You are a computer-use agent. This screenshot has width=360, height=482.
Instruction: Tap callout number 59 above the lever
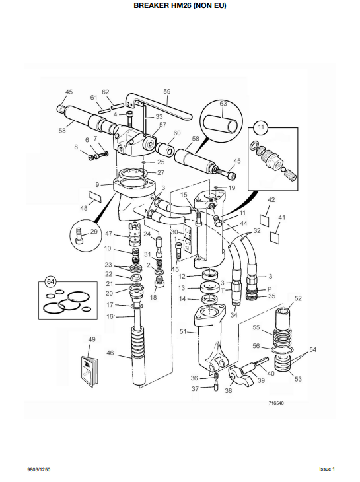(166, 92)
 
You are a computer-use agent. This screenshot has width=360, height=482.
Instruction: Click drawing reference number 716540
(277, 403)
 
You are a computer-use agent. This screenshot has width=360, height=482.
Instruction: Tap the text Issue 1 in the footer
(327, 469)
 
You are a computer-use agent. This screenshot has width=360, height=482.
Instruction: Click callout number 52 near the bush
(298, 298)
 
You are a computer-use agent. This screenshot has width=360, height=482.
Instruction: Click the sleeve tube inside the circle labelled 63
(223, 123)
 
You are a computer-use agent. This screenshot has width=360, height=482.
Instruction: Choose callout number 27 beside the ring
(161, 172)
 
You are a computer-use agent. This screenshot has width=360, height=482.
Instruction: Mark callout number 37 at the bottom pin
(194, 389)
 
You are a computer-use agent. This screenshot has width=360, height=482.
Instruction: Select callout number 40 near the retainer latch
(270, 373)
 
